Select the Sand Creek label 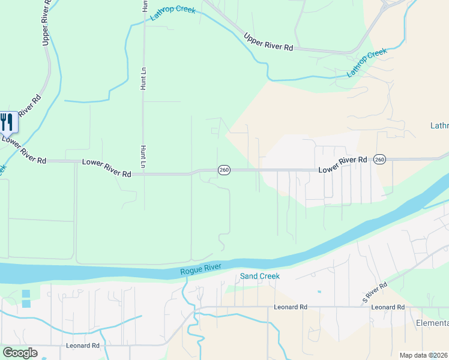[260, 276]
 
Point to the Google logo [19, 353]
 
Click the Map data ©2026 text [423, 355]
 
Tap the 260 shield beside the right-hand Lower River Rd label [379, 159]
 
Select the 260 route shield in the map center [223, 170]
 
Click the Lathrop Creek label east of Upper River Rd [367, 62]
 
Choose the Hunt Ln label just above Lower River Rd [143, 157]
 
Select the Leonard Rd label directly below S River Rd [388, 307]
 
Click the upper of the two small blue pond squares [26, 294]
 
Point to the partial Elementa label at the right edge [432, 323]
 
